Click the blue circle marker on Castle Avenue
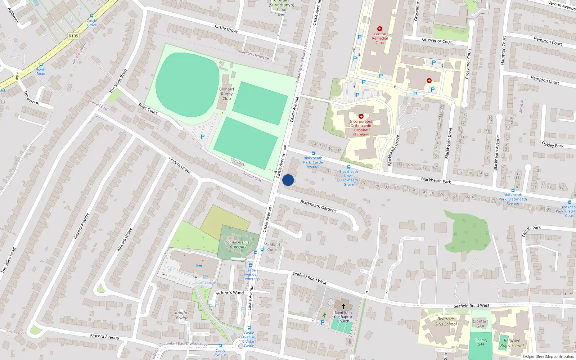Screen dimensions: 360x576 288,180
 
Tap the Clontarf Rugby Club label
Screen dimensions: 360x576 226,94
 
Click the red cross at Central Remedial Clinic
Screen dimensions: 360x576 379,29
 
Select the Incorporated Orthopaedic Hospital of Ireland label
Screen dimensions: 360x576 361,128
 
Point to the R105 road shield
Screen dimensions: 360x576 73,36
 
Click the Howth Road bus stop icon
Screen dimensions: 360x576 41,65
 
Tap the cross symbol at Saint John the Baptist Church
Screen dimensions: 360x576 343,306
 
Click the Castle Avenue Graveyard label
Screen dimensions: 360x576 238,244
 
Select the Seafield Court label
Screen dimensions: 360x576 273,247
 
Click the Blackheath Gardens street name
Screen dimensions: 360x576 318,206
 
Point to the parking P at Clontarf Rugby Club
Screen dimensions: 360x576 202,137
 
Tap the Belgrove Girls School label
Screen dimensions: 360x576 445,321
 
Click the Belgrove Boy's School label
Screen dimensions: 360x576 512,343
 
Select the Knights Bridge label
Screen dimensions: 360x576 182,315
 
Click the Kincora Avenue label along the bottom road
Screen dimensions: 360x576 104,336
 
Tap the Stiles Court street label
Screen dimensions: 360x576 148,108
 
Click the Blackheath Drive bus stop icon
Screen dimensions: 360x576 348,167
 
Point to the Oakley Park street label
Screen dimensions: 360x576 552,145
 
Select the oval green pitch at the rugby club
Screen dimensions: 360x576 187,85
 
